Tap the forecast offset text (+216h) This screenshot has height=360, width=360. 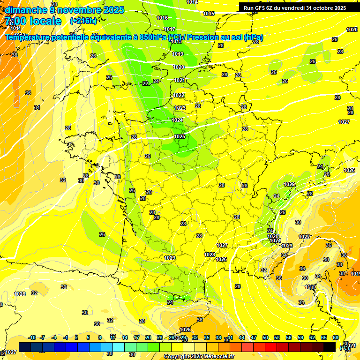pyautogui.click(x=83, y=21)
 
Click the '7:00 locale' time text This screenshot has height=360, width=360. pyautogui.click(x=34, y=21)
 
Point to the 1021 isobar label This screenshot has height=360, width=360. pyautogui.click(x=180, y=81)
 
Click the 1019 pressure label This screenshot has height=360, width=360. pyautogui.click(x=178, y=54)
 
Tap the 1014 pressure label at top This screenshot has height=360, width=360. pyautogui.click(x=192, y=2)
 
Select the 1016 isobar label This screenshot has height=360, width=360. pyautogui.click(x=162, y=18)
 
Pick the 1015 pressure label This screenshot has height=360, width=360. pyautogui.click(x=209, y=14)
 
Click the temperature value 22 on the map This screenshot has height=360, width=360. pyautogui.click(x=145, y=83)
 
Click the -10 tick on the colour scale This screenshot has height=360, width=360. pyautogui.click(x=32, y=338)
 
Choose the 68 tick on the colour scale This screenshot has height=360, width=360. pyautogui.click(x=336, y=338)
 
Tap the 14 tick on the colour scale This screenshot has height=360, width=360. pyautogui.click(x=125, y=338)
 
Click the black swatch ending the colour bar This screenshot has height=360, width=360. pyautogui.click(x=330, y=347)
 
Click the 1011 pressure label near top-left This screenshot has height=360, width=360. pyautogui.click(x=16, y=29)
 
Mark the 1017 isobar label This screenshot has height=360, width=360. pyautogui.click(x=170, y=30)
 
